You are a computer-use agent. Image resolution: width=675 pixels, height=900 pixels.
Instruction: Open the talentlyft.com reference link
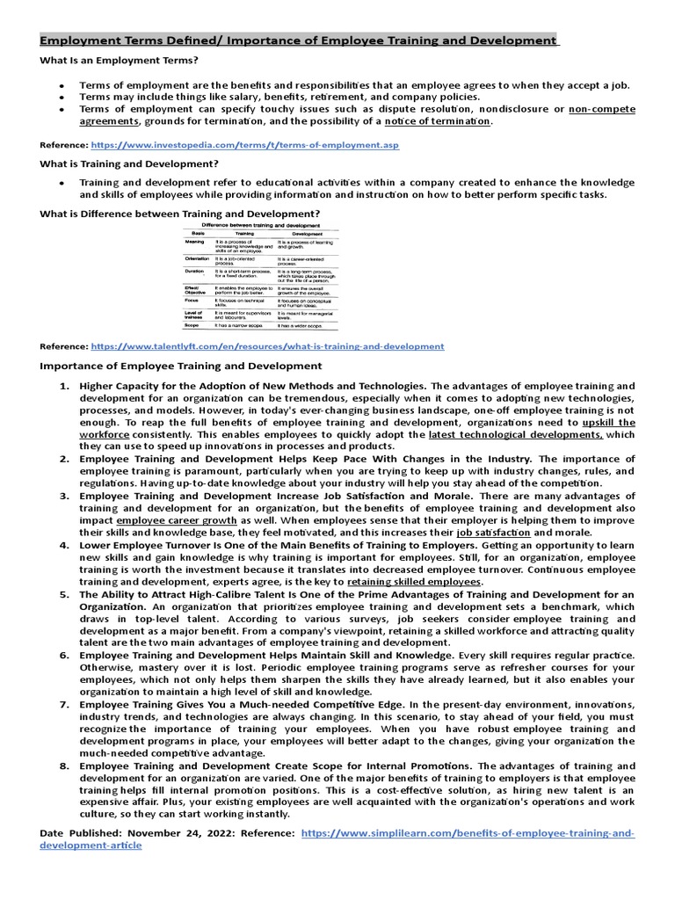click(x=267, y=346)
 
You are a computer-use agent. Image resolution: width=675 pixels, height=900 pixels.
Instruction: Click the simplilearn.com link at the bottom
click(x=466, y=831)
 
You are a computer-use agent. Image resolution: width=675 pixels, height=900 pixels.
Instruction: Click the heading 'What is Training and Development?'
click(x=129, y=163)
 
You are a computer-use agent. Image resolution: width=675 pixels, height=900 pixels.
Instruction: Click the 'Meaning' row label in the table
click(x=195, y=242)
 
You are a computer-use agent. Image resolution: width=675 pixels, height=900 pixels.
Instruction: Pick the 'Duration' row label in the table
click(x=195, y=272)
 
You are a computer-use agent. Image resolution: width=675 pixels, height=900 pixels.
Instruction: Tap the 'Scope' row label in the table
click(x=192, y=325)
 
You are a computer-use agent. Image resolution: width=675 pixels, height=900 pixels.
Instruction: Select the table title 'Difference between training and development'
click(x=260, y=226)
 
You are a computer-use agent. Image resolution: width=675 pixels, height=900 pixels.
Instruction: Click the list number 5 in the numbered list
click(x=63, y=594)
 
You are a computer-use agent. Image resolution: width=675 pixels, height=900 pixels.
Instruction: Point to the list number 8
click(x=63, y=766)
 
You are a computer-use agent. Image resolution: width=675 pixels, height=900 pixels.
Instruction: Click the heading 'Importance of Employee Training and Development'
click(x=181, y=366)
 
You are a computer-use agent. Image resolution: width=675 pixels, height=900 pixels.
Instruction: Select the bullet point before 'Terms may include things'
click(x=62, y=97)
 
